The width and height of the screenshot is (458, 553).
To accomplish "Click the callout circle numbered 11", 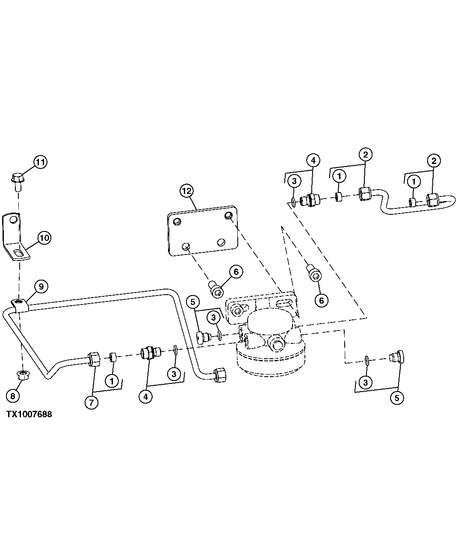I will [40, 162].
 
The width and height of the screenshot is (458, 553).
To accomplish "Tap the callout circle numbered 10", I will [44, 237].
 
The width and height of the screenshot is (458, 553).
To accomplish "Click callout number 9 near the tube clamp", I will [41, 287].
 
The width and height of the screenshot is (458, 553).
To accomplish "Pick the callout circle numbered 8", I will [13, 396].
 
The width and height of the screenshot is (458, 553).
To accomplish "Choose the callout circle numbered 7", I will [91, 402].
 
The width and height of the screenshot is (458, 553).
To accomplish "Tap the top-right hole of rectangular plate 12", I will [229, 215].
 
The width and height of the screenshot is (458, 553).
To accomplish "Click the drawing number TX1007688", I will [29, 414].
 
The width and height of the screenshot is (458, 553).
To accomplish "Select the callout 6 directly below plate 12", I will [236, 271].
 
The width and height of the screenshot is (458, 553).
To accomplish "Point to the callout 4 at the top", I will [313, 161].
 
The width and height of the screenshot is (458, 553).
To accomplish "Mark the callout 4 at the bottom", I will [145, 396].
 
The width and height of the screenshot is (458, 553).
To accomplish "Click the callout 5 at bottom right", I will [396, 398].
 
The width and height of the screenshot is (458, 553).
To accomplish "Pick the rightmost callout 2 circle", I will [434, 161].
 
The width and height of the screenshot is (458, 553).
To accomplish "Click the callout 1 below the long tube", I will [112, 380].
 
